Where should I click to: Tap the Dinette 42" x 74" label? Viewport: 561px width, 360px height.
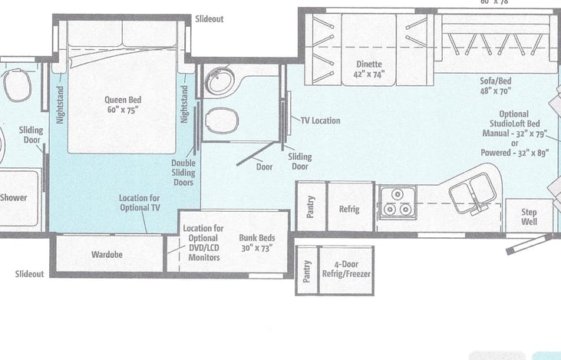click(369, 69)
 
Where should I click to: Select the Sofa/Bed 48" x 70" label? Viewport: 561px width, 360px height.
click(496, 86)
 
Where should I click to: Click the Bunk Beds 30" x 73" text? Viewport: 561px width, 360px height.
click(257, 243)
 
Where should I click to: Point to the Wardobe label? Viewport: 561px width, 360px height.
click(107, 254)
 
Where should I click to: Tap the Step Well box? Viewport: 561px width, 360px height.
click(529, 216)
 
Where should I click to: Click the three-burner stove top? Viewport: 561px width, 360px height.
click(398, 202)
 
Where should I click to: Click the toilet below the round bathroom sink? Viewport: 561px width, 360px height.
click(223, 121)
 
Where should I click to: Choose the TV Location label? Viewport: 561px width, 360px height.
click(320, 121)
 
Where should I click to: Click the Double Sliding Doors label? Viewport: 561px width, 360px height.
click(183, 173)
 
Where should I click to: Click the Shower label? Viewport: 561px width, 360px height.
click(14, 197)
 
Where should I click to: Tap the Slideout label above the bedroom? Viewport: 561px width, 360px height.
click(210, 19)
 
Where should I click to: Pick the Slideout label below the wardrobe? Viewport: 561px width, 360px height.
click(29, 274)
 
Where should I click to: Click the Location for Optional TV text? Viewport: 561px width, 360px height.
click(140, 203)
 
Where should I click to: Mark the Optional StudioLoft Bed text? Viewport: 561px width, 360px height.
click(514, 119)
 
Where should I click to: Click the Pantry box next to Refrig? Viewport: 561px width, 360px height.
click(312, 206)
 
